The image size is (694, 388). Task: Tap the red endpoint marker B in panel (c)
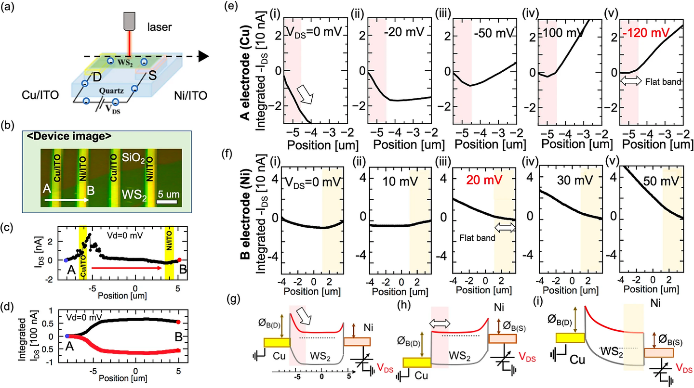179,260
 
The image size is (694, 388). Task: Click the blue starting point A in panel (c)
66,260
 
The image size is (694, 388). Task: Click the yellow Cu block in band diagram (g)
277,342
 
